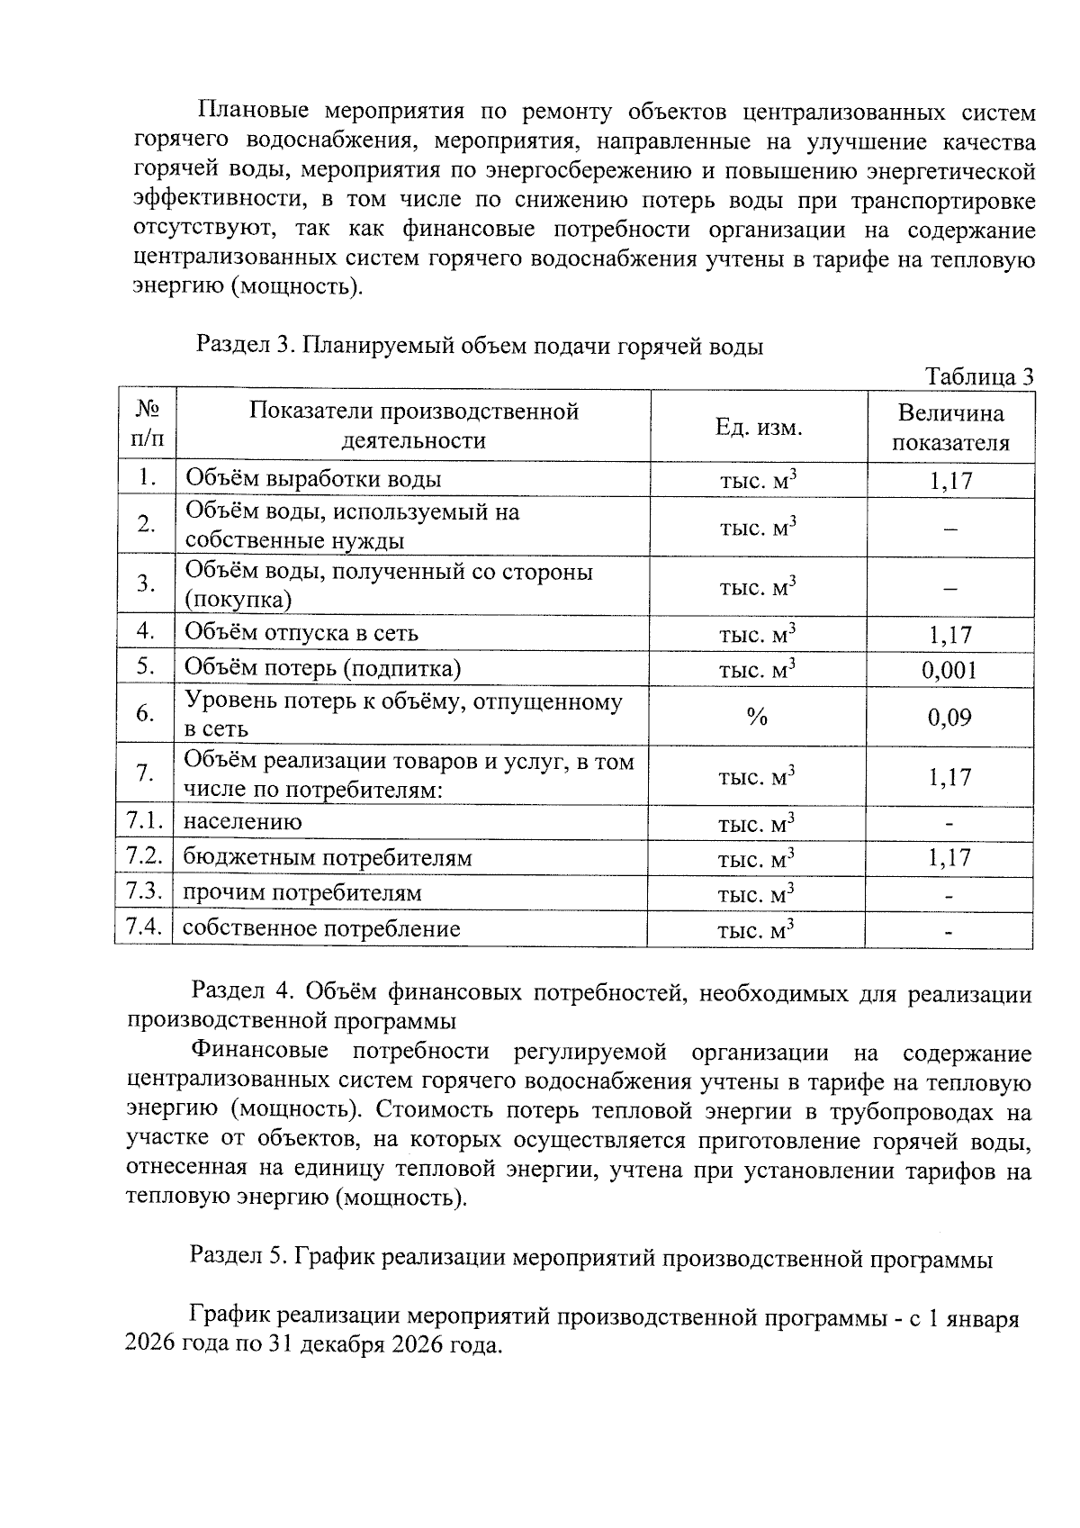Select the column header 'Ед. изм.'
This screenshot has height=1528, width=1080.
coord(758,427)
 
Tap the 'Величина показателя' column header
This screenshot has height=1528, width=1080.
coord(950,428)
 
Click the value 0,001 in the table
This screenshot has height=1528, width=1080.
coord(949,670)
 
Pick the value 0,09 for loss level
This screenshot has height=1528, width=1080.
coord(949,718)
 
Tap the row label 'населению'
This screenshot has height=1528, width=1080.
coord(243,822)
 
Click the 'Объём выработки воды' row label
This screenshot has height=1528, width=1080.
coord(313,480)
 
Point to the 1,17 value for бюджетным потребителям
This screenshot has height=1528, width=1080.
coord(949,857)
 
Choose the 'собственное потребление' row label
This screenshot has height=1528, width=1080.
coord(321,929)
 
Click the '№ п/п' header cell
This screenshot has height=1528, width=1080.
coord(147,425)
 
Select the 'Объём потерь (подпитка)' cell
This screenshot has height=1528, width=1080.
coord(322,668)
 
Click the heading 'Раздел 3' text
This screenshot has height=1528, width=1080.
coord(245,346)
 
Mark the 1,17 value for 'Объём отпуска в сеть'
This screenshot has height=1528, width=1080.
coord(949,635)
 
